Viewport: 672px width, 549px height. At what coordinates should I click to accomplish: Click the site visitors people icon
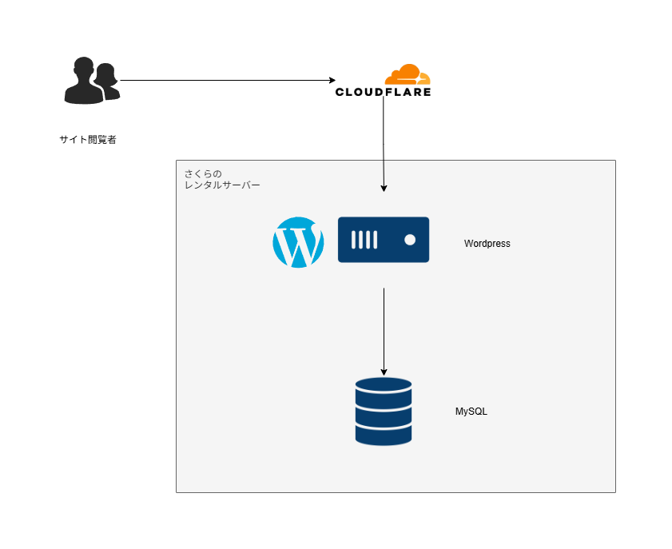tap(91, 81)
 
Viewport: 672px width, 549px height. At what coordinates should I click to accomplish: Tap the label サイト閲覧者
tap(88, 140)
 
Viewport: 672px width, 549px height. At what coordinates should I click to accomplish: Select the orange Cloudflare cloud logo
tap(407, 75)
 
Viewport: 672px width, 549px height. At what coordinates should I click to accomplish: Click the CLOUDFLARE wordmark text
tap(384, 92)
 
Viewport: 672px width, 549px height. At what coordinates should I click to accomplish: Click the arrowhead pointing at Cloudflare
tap(332, 80)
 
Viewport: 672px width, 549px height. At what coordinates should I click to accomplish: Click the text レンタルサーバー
tap(222, 185)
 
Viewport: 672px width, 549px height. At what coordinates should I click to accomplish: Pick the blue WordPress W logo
tap(298, 242)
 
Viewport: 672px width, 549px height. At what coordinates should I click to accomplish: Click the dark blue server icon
tap(384, 240)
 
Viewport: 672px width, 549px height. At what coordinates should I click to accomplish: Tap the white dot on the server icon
tap(410, 240)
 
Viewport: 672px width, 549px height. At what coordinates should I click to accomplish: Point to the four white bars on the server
tap(364, 240)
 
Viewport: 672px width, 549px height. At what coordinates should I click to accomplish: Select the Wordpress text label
tap(487, 244)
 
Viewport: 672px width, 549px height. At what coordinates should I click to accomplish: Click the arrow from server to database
tap(384, 328)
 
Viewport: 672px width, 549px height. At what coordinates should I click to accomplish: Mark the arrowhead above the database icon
tap(384, 371)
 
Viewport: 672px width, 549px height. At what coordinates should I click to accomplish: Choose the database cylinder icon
tap(384, 412)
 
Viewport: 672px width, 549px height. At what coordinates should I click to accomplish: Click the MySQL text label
tap(471, 412)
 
